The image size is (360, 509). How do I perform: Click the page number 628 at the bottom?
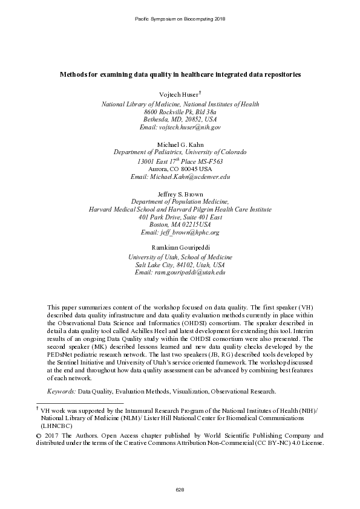click(180, 489)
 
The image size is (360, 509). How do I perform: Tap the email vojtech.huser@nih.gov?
click(180, 128)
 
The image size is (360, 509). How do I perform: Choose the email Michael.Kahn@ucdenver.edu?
click(180, 177)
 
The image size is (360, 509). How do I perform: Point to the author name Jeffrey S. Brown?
click(180, 193)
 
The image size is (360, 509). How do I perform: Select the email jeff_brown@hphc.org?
click(180, 232)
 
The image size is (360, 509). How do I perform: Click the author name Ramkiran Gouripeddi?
click(180, 248)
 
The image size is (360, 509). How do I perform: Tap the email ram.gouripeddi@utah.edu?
click(180, 273)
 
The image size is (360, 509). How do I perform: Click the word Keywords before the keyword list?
click(61, 375)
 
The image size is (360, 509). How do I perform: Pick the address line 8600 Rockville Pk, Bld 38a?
click(180, 112)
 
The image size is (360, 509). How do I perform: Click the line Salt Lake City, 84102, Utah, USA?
click(180, 265)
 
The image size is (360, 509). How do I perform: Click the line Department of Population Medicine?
click(180, 201)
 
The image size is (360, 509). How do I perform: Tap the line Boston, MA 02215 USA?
click(180, 224)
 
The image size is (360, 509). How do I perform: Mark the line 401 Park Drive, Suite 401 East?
click(180, 216)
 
